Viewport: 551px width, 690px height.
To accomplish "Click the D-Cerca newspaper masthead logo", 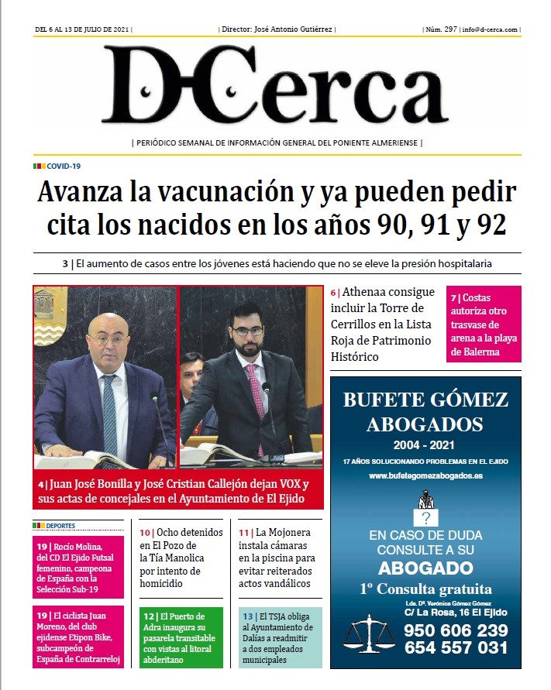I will [x=275, y=88].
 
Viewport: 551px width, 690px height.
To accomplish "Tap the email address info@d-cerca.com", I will [x=491, y=29].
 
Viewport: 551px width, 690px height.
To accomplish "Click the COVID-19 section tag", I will [x=64, y=166].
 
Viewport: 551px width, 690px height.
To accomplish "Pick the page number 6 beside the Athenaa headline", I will [x=334, y=294].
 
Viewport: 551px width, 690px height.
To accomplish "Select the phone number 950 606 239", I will [x=456, y=630].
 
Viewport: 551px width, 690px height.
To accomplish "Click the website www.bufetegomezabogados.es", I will [x=425, y=475].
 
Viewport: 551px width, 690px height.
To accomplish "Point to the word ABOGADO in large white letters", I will [x=425, y=568].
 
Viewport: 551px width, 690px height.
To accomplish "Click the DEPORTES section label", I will [x=60, y=525].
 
